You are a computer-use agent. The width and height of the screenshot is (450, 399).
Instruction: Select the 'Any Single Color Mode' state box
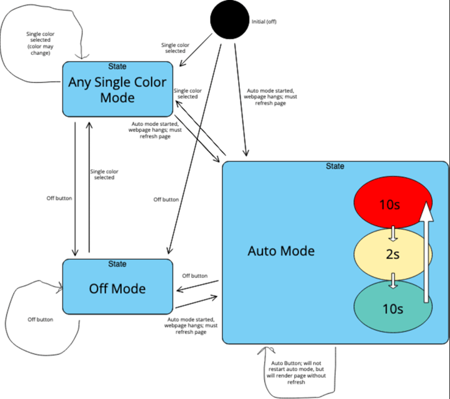click(x=117, y=89)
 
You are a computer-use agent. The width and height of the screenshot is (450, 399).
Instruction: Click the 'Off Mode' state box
click(x=117, y=288)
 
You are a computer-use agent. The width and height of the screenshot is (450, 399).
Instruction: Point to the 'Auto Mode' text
click(x=281, y=251)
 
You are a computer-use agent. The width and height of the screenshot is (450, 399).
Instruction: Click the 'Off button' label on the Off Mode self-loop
click(x=41, y=319)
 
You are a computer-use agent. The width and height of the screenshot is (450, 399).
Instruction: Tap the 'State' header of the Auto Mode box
click(x=335, y=167)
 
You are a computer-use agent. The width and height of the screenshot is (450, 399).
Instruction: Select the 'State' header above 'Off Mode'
click(x=117, y=264)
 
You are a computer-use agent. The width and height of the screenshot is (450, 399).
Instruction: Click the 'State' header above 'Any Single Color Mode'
click(x=117, y=66)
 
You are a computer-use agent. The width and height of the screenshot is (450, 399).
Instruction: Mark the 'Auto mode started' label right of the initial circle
click(x=270, y=97)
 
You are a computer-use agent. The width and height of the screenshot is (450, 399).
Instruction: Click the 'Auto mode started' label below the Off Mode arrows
click(x=191, y=325)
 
